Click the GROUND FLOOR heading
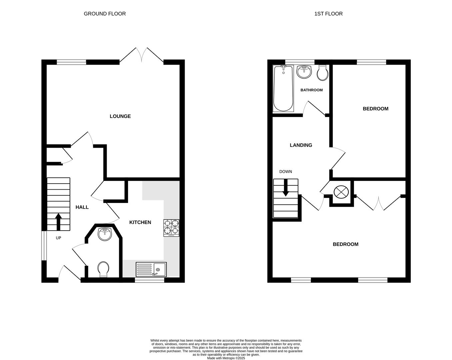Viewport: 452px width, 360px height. pos(105,14)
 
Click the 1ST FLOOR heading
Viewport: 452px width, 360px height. pos(328,14)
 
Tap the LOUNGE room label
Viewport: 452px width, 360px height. pos(120,116)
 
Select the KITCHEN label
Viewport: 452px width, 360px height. pos(140,222)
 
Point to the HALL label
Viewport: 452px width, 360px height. pos(82,207)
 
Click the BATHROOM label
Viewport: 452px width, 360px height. pos(311,90)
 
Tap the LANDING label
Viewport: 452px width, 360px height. pos(301,145)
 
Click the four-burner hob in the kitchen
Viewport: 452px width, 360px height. pos(171,228)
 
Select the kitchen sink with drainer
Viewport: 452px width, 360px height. pos(151,269)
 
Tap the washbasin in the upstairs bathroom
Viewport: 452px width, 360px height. pos(304,71)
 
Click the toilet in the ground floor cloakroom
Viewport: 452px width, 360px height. pos(103,269)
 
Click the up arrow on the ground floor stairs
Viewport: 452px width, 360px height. pos(58,222)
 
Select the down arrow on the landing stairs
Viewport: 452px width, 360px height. pos(285,188)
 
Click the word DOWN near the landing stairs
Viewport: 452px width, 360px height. pos(285,172)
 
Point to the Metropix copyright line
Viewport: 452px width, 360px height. pos(226,358)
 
